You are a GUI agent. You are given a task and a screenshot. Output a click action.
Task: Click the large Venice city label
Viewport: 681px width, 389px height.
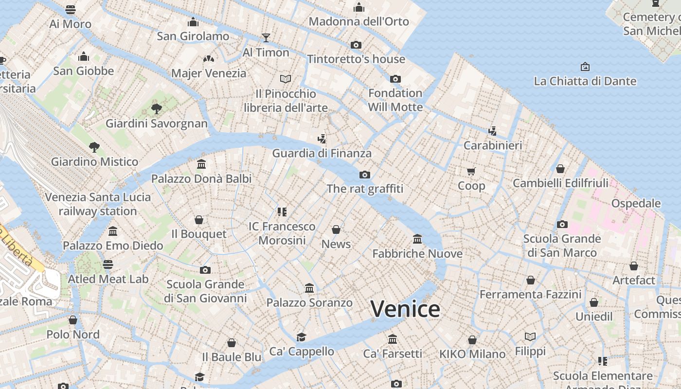point(405,309)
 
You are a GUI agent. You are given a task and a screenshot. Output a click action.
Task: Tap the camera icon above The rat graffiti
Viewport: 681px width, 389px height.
point(365,175)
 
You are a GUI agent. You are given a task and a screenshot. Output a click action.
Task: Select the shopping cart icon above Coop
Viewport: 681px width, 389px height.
point(471,171)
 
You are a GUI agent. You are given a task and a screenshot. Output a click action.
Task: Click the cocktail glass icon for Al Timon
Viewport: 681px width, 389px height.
point(266,37)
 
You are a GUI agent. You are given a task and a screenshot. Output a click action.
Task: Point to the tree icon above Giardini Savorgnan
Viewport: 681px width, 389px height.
point(157,108)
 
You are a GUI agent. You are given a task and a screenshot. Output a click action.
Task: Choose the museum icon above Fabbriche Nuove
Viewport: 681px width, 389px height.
point(417,239)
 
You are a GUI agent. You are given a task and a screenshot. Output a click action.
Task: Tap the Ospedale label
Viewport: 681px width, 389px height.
point(636,203)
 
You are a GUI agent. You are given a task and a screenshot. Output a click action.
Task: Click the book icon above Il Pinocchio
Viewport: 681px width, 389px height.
point(286,79)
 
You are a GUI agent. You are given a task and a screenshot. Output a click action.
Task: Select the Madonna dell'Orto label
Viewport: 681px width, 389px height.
point(359,21)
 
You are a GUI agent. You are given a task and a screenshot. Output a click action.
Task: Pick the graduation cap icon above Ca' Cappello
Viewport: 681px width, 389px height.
point(302,337)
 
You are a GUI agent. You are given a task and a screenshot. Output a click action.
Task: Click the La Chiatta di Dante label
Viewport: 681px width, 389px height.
point(585,81)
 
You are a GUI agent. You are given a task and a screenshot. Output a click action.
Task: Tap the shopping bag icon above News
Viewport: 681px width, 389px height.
point(336,230)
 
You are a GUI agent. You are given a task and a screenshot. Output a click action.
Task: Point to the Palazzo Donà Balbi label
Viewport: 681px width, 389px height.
point(201,178)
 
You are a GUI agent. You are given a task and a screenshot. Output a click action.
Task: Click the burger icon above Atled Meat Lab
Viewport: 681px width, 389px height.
point(108,265)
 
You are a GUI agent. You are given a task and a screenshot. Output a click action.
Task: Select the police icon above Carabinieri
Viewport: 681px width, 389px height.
point(493,131)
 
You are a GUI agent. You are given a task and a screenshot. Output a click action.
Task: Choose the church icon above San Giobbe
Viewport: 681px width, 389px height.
point(84,56)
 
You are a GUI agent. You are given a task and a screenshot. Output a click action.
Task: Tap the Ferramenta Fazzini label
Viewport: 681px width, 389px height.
point(530,294)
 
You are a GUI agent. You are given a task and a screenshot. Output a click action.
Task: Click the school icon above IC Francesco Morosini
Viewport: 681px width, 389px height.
point(282,212)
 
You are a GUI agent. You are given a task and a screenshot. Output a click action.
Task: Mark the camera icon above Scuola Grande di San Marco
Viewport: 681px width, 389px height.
point(562,224)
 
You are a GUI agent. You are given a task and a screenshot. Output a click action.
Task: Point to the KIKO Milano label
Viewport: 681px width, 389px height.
point(472,354)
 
